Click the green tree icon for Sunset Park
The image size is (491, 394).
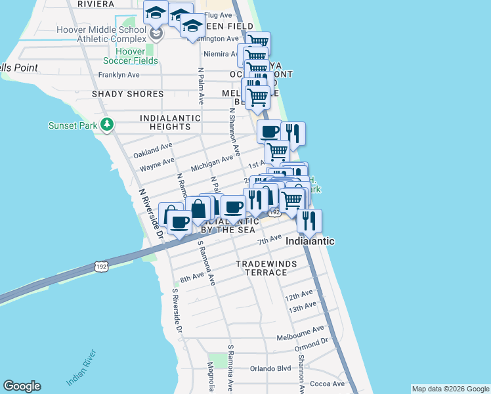coord(106,124)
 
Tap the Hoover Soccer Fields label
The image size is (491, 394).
coord(137,56)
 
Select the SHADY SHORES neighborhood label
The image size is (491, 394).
coord(127,94)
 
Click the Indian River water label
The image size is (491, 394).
coord(82,369)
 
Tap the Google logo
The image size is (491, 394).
coord(22,386)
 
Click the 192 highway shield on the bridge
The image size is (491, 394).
coord(101,267)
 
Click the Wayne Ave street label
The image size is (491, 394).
coord(157,165)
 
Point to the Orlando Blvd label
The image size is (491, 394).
coord(270,368)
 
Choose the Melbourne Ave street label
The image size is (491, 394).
coord(301,330)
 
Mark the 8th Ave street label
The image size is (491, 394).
coord(192,278)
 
